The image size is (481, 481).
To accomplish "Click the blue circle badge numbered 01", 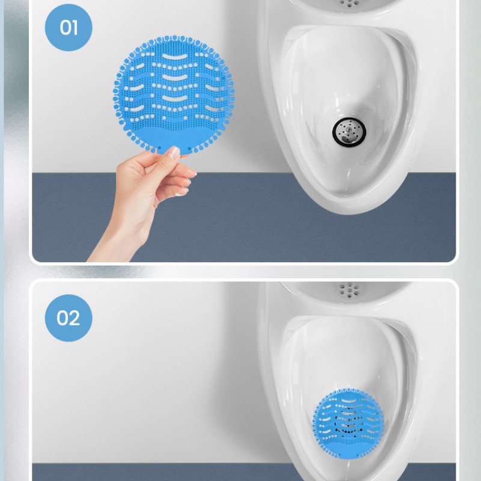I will [x=69, y=28].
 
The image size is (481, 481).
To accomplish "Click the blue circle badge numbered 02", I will [x=69, y=317].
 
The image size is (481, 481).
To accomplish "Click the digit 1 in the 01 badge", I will [x=75, y=28].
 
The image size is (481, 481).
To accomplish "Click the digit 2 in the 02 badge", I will [x=75, y=317].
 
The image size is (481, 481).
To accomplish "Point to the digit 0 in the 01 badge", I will [x=64, y=28].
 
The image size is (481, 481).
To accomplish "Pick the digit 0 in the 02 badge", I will [x=63, y=317].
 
